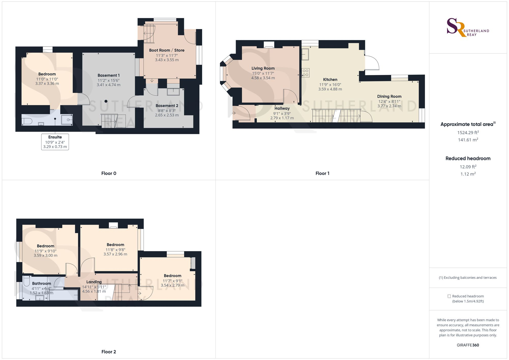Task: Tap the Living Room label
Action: coord(263,68)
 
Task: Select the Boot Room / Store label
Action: coord(167,50)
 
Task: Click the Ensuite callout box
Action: coord(55,142)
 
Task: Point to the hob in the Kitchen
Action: coord(306,73)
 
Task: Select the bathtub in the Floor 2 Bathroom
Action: coord(63,295)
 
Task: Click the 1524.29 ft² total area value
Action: coord(468,132)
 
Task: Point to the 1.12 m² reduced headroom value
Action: coord(468,174)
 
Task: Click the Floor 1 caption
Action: coord(322,173)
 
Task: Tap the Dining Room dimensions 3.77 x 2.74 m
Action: coord(389,106)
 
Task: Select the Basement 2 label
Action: coord(167,106)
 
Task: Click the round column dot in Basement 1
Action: coord(106,101)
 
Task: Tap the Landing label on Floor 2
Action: coord(94,282)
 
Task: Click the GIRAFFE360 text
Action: coord(468,345)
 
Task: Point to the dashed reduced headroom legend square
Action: coord(449,296)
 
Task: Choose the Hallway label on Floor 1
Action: coord(282,108)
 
